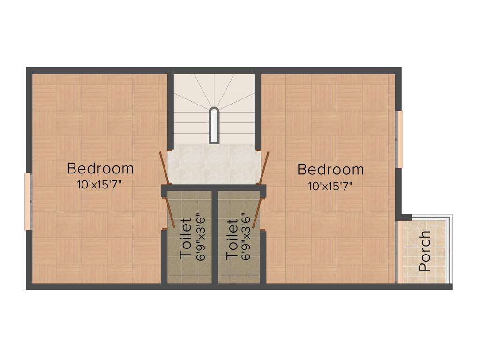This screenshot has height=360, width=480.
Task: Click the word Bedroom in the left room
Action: click(100, 168)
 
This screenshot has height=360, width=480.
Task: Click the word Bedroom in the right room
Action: click(330, 169)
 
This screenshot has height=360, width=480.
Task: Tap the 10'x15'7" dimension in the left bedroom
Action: click(100, 184)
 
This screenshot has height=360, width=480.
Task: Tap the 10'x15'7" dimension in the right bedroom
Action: click(330, 186)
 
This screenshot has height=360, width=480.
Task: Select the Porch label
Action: click(425, 251)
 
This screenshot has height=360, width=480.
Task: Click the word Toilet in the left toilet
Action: click(186, 238)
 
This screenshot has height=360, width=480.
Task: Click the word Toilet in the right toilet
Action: click(232, 239)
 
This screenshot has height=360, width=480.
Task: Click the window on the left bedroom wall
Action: click(28, 201)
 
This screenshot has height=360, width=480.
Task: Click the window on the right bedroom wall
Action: click(399, 139)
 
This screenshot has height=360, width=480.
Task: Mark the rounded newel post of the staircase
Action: click(214, 125)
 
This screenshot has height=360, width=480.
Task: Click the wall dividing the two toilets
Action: click(214, 237)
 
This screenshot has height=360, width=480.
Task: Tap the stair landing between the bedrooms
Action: click(214, 164)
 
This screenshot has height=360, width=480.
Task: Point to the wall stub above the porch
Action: click(404, 217)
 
